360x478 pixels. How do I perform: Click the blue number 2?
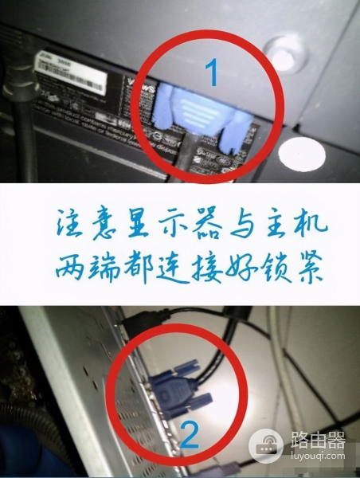(189, 435)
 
